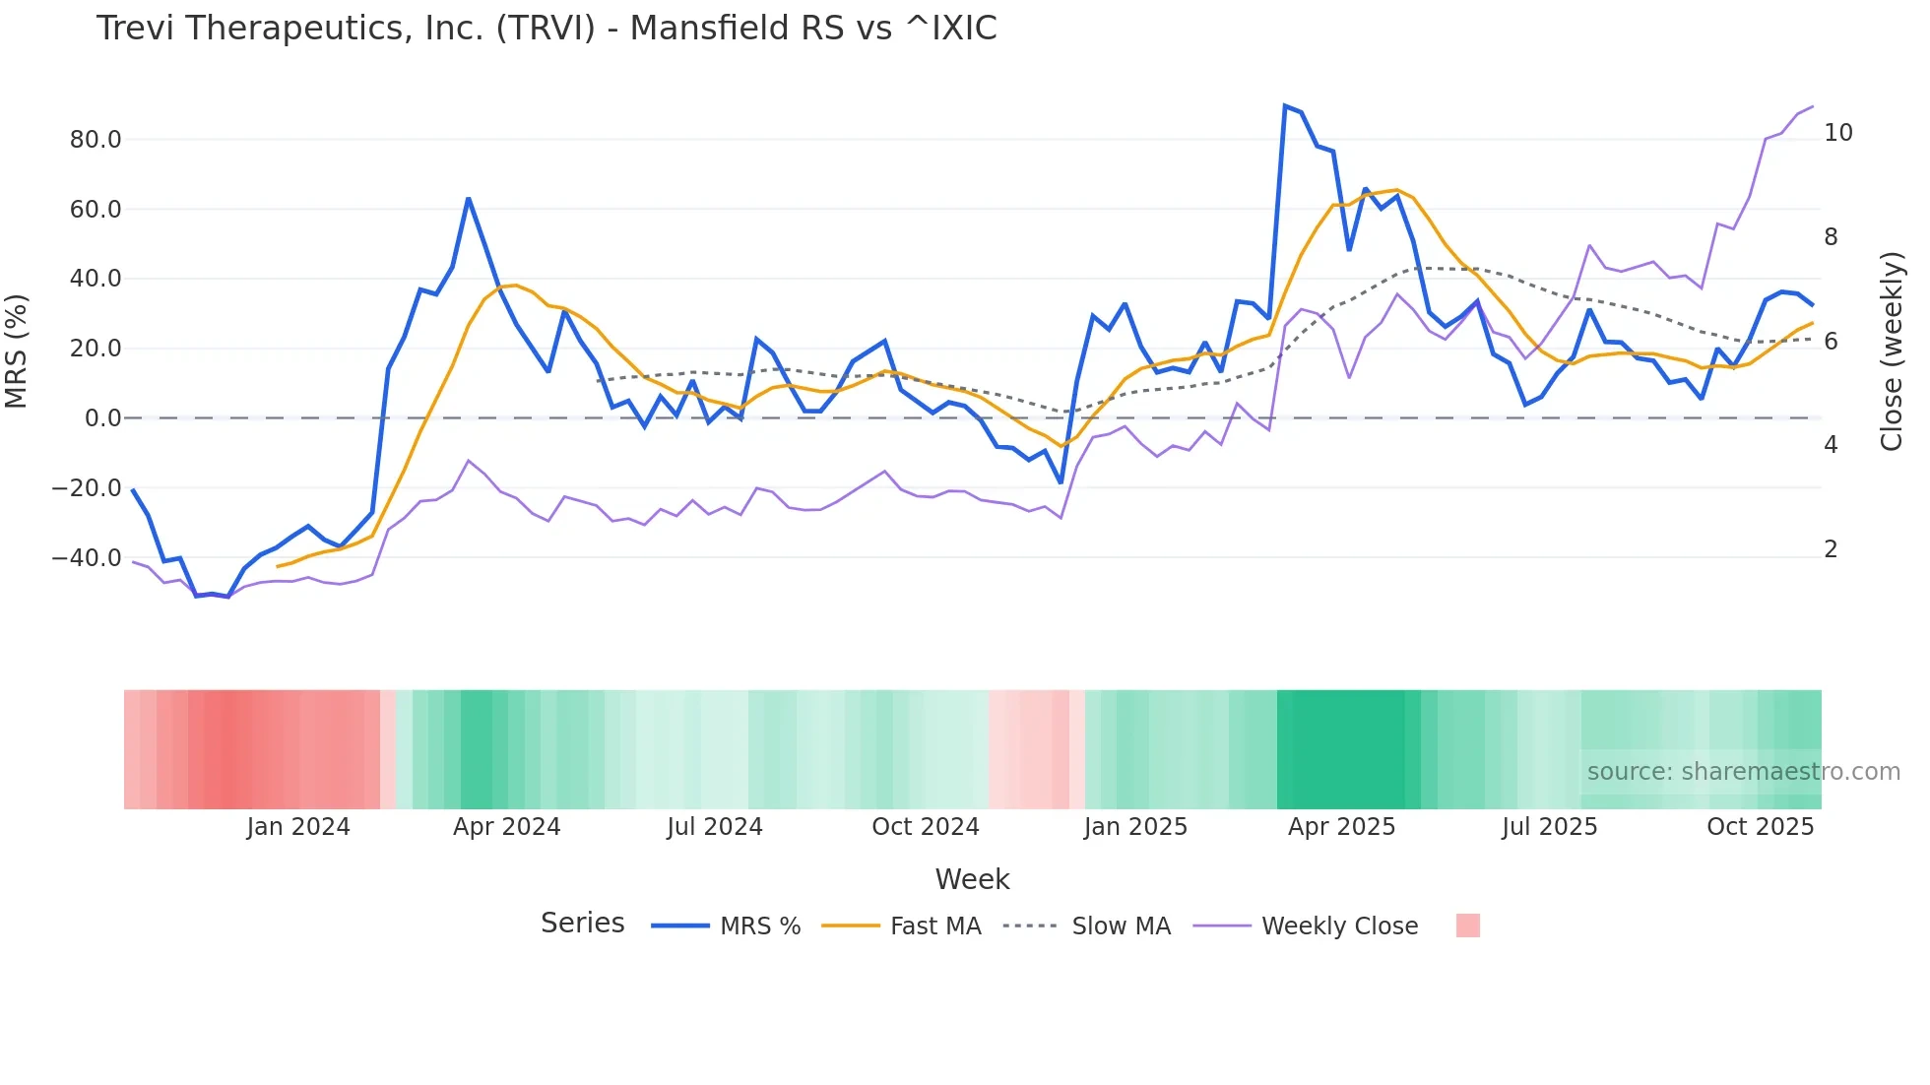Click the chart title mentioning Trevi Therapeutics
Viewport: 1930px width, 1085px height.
[x=547, y=29]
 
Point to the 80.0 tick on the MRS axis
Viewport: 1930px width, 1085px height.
[x=96, y=140]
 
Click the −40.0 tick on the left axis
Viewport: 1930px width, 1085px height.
[x=87, y=558]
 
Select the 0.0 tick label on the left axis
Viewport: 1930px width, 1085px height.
[x=102, y=418]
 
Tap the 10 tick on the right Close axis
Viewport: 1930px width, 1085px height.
[x=1837, y=133]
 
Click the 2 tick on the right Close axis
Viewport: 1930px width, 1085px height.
[x=1831, y=549]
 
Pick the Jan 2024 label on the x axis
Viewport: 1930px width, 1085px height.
[x=298, y=827]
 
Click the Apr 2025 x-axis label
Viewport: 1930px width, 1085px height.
[x=1341, y=827]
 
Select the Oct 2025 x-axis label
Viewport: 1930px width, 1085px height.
[x=1760, y=827]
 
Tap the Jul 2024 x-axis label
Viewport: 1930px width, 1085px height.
[x=715, y=827]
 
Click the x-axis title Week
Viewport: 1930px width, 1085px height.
[x=972, y=879]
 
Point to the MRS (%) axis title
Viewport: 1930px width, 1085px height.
[x=17, y=351]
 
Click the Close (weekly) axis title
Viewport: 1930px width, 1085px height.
[x=1892, y=351]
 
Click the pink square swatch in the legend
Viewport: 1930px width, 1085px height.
[x=1467, y=925]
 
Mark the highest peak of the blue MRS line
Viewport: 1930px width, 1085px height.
[x=1285, y=105]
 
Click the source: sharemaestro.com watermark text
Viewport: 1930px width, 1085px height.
[x=1743, y=772]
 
